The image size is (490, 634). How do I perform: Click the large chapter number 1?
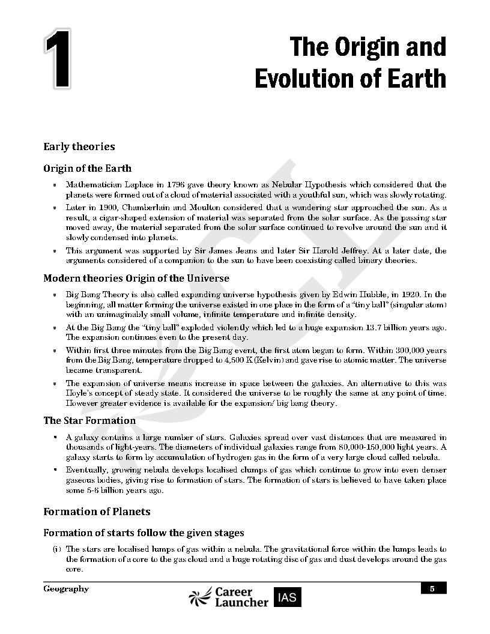point(56,62)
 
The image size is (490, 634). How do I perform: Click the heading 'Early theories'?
point(79,146)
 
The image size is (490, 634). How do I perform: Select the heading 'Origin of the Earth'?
point(87,168)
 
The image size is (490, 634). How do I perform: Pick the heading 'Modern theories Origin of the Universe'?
point(136,279)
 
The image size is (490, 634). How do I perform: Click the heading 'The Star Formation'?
point(89,421)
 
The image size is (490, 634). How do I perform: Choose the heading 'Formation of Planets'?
point(97,512)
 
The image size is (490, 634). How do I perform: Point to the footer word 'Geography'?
point(66,589)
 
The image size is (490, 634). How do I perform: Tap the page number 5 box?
point(432,589)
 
